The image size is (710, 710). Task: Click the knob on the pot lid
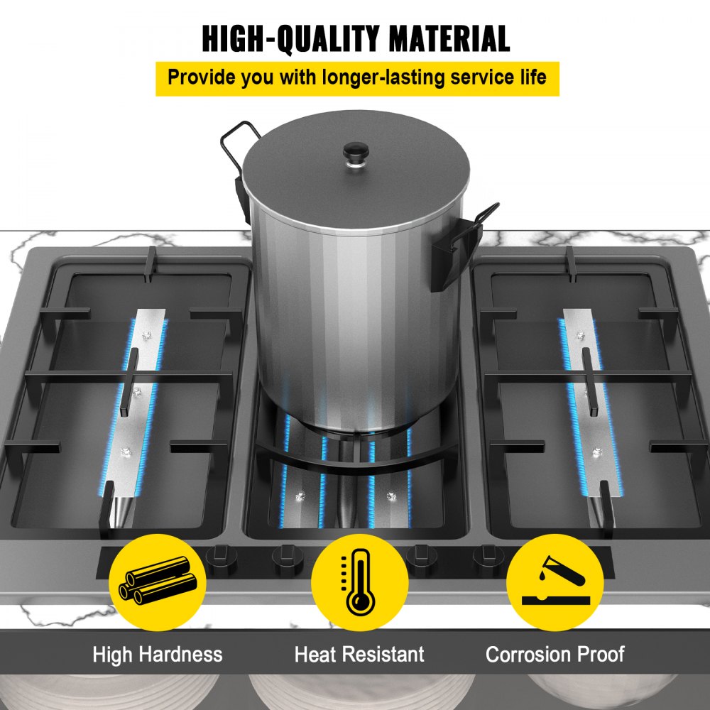coord(356,154)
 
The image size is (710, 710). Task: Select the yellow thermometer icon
coord(359,582)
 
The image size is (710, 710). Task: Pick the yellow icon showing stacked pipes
coord(158,582)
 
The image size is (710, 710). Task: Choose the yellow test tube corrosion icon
coord(555,582)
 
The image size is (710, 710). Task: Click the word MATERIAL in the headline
coord(449,39)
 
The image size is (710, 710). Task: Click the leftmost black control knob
coord(222,559)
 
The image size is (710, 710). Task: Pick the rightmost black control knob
coord(489,559)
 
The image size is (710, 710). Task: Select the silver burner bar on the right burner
coord(590,408)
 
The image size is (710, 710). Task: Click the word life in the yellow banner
coord(535,77)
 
